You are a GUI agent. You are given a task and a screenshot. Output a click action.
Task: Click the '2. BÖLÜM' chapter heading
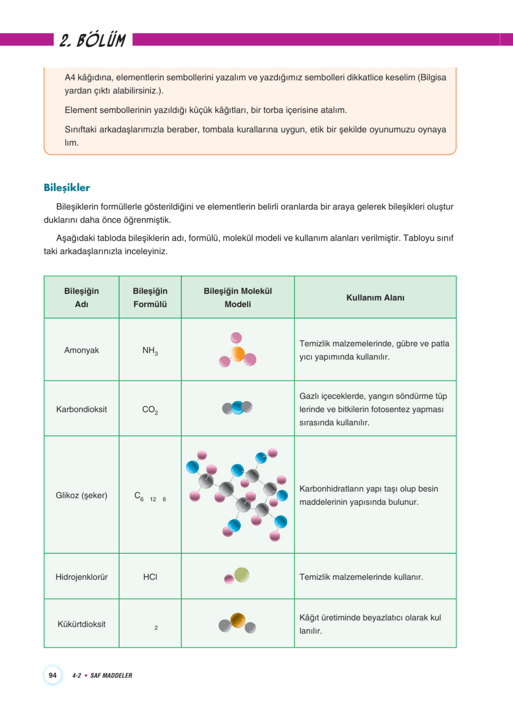click(x=93, y=40)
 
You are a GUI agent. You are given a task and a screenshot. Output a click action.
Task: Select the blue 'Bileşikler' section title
click(x=67, y=188)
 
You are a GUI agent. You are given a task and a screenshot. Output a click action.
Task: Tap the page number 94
click(x=52, y=675)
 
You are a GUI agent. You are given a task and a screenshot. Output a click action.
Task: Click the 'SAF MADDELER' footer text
click(x=111, y=675)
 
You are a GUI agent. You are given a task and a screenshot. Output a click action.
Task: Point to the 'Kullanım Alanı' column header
click(x=375, y=297)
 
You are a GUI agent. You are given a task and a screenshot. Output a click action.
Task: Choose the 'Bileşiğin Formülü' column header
click(x=150, y=297)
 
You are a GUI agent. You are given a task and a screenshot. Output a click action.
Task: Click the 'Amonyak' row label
click(x=81, y=350)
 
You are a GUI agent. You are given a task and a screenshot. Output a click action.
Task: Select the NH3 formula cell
click(x=150, y=351)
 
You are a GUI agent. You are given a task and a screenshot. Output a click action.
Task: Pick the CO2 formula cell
click(x=150, y=410)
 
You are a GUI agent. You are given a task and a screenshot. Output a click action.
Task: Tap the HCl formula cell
click(x=150, y=577)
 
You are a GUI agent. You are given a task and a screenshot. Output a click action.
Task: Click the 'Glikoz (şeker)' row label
click(x=81, y=495)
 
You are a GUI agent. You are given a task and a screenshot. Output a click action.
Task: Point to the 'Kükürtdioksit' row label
click(x=81, y=624)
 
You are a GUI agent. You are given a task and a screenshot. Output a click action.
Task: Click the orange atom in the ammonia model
click(x=237, y=354)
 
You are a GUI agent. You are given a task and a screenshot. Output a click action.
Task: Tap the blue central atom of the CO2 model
click(x=238, y=408)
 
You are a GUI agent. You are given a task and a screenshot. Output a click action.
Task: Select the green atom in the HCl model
click(x=242, y=575)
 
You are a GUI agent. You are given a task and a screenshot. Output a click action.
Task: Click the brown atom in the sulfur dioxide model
click(x=238, y=620)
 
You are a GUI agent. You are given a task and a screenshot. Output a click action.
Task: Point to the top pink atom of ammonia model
click(x=236, y=338)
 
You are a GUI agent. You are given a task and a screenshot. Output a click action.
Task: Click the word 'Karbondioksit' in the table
click(x=81, y=409)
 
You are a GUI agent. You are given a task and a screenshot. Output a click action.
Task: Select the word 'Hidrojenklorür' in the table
click(x=81, y=577)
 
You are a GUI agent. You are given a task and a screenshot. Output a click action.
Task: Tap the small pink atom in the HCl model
click(x=229, y=579)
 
